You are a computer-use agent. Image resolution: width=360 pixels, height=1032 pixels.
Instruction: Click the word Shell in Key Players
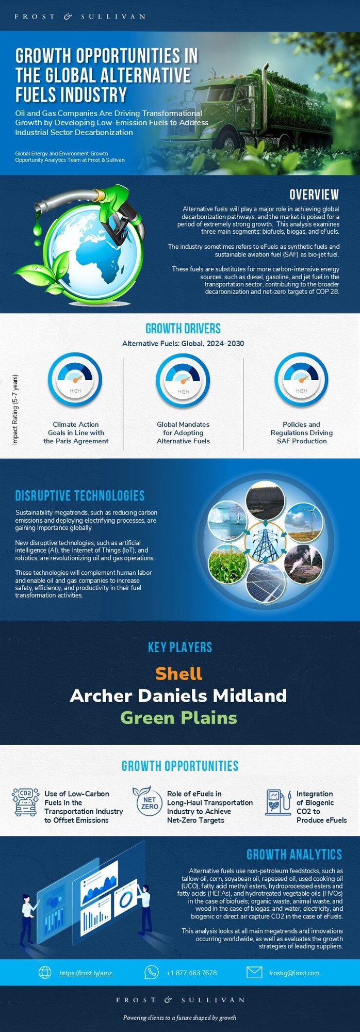coord(179,673)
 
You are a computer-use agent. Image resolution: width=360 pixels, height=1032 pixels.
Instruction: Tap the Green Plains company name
coord(179,718)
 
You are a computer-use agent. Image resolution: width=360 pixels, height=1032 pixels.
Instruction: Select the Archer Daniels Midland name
coord(178,696)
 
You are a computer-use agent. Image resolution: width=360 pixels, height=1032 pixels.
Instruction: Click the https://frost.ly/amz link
coord(86,973)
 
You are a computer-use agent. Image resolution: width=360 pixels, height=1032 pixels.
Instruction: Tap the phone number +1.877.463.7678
coord(191,973)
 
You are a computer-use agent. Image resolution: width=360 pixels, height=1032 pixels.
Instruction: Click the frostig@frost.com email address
coord(294,973)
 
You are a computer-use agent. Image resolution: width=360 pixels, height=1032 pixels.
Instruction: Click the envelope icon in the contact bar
coord(254,972)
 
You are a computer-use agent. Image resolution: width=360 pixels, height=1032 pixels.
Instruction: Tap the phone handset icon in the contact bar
coord(151,972)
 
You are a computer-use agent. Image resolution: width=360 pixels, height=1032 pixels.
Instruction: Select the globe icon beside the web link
coord(45,972)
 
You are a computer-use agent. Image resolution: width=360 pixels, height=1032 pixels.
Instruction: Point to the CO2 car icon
coord(25,802)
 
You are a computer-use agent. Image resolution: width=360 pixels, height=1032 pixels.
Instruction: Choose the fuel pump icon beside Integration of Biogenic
coord(278,802)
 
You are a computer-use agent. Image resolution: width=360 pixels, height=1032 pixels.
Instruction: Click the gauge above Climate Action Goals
coord(75,380)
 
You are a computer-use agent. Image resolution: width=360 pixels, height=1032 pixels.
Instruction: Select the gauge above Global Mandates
coord(183,380)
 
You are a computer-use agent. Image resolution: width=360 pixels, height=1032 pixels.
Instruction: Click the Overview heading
coord(314,195)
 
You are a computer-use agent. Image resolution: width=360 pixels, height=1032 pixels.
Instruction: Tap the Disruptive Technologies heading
coord(79,496)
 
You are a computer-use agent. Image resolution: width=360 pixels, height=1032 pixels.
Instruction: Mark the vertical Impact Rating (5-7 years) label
coord(15,410)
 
